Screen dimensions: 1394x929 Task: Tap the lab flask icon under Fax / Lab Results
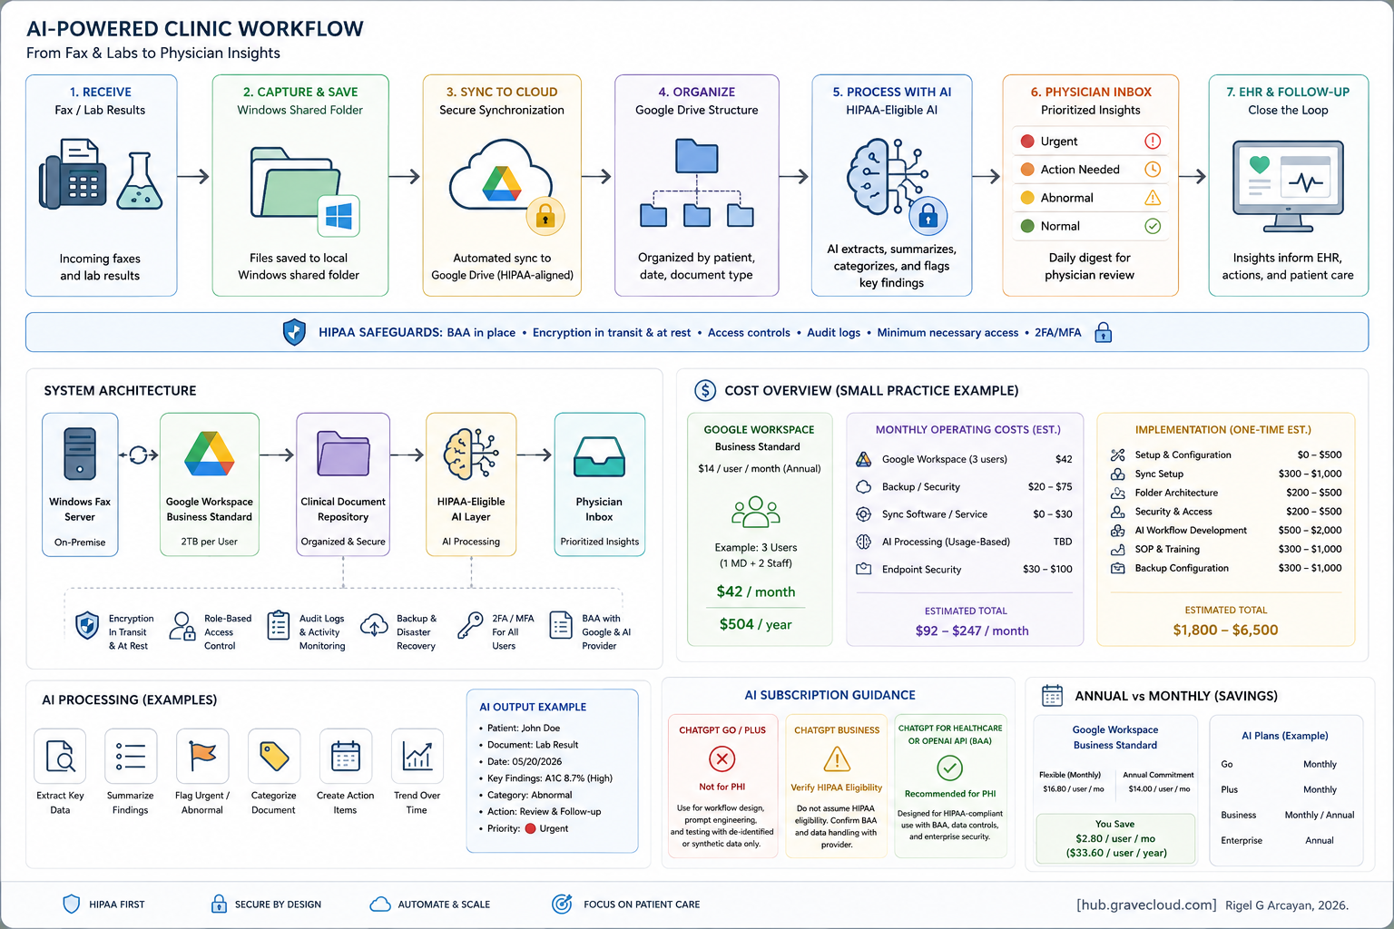tap(140, 181)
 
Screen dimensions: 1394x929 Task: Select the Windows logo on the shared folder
tap(339, 216)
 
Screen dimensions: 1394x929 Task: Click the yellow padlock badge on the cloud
tap(545, 217)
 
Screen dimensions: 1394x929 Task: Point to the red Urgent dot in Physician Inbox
tap(1027, 142)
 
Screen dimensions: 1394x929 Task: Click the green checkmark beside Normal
tap(1153, 226)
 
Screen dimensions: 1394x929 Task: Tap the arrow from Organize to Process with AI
tap(793, 177)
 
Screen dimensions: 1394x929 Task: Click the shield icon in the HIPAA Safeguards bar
tap(294, 332)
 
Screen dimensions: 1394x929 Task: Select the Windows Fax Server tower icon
tap(80, 454)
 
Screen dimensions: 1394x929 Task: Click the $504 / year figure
tap(755, 624)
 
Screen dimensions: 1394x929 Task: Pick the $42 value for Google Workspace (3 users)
tap(1064, 459)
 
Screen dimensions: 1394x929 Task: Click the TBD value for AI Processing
tap(1063, 542)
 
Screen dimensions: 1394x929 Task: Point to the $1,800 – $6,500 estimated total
tap(1225, 630)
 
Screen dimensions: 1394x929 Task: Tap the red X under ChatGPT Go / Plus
tap(722, 759)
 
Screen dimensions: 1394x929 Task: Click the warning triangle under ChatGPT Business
tap(837, 759)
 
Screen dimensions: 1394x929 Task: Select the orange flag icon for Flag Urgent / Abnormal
tap(202, 756)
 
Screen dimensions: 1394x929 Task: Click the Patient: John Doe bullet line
tap(520, 728)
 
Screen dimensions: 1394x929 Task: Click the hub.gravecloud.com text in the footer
tap(1146, 905)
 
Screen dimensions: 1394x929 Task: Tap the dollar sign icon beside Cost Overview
tap(705, 390)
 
